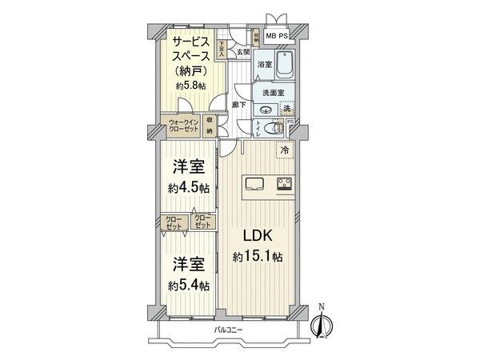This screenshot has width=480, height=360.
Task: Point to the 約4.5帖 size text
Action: click(190, 189)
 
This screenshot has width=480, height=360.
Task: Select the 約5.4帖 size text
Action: click(190, 285)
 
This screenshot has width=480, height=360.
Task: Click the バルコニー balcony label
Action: click(228, 330)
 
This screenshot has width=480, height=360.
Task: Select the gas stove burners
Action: click(285, 186)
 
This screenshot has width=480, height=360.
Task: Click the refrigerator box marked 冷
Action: click(284, 149)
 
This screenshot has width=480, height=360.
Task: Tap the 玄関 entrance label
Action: click(242, 52)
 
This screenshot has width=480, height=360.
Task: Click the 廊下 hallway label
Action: click(238, 104)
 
